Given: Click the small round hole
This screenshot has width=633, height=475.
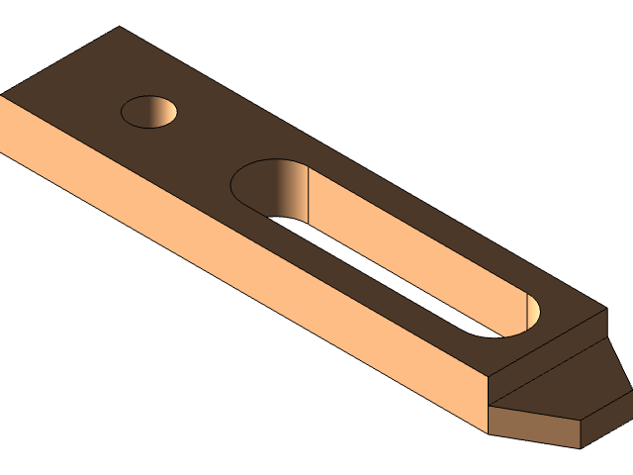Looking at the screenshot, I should click(149, 112).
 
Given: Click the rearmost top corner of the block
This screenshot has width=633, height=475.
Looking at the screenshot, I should click(120, 28).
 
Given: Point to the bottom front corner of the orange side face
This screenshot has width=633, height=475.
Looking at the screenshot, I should click(487, 431).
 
